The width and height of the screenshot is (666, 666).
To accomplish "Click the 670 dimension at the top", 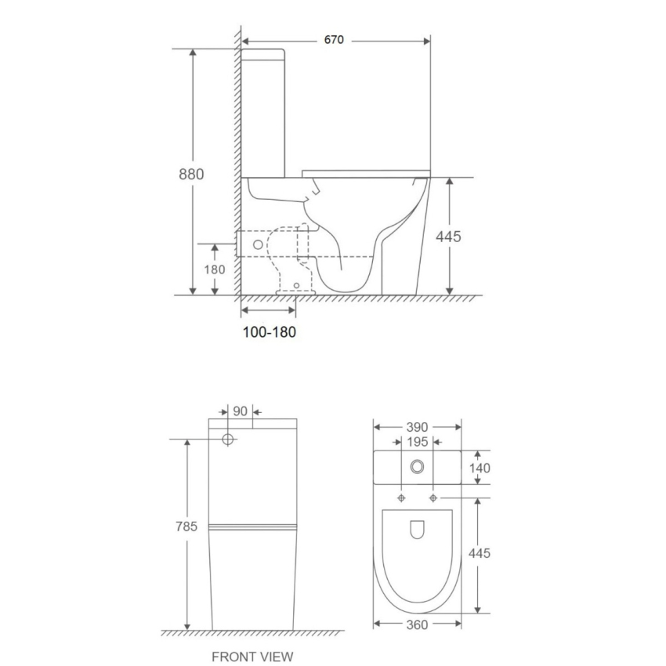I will point(335,40).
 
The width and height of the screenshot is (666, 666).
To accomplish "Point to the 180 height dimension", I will point(215,270).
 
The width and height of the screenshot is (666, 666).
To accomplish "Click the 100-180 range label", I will point(269,332).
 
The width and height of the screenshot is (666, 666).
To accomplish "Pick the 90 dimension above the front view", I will point(241,411).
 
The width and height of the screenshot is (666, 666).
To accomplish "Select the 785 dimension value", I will point(186,527).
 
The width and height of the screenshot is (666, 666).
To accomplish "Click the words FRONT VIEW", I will point(252,657).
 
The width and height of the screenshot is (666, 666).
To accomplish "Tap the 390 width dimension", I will point(417,427).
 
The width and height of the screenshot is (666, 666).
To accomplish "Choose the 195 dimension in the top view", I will point(417,442).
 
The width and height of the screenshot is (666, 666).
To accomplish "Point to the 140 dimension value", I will point(479,468).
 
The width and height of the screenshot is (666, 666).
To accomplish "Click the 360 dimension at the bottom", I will point(417,624).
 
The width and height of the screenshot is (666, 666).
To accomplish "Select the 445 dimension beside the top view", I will point(479,553).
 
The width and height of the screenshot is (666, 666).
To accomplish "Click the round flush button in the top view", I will point(417,467).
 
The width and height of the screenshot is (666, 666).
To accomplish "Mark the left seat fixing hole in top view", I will point(401,498).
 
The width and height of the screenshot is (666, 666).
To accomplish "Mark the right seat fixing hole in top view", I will point(433,498).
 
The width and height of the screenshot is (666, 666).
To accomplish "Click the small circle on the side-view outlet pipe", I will point(254,243).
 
